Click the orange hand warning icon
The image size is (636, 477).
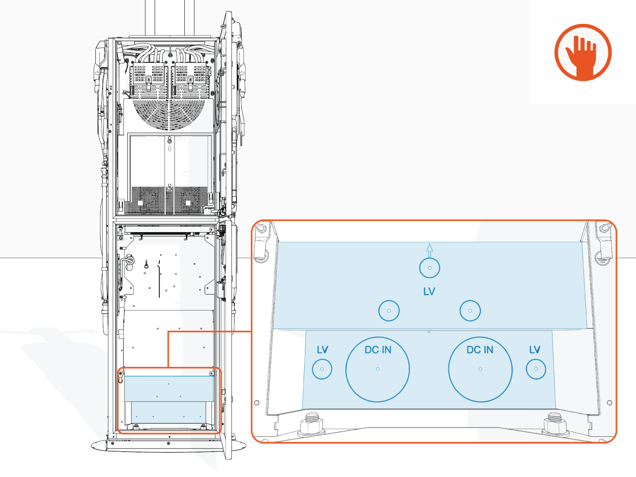coord(583,52)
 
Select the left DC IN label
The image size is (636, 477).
coord(378,350)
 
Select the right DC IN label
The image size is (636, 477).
coord(480,350)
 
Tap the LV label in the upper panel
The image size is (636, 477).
coord(429,292)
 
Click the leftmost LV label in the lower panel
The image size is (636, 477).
coord(322,350)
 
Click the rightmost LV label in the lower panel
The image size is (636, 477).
coord(535,350)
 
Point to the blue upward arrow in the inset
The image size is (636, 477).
coord(429,250)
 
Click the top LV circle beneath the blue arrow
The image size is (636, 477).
coord(429,268)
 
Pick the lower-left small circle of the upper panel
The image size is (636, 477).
coord(389,311)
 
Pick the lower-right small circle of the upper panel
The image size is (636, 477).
coord(470,311)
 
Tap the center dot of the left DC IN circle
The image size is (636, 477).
coord(378,369)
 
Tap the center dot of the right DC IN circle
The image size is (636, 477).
coord(480,369)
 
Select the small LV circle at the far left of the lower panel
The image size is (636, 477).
coord(322,369)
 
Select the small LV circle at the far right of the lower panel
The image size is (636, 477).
coord(536,369)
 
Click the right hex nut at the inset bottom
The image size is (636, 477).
coord(554,424)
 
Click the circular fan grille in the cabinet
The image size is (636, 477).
coord(170,113)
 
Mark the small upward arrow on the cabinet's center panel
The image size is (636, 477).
coord(170,149)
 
